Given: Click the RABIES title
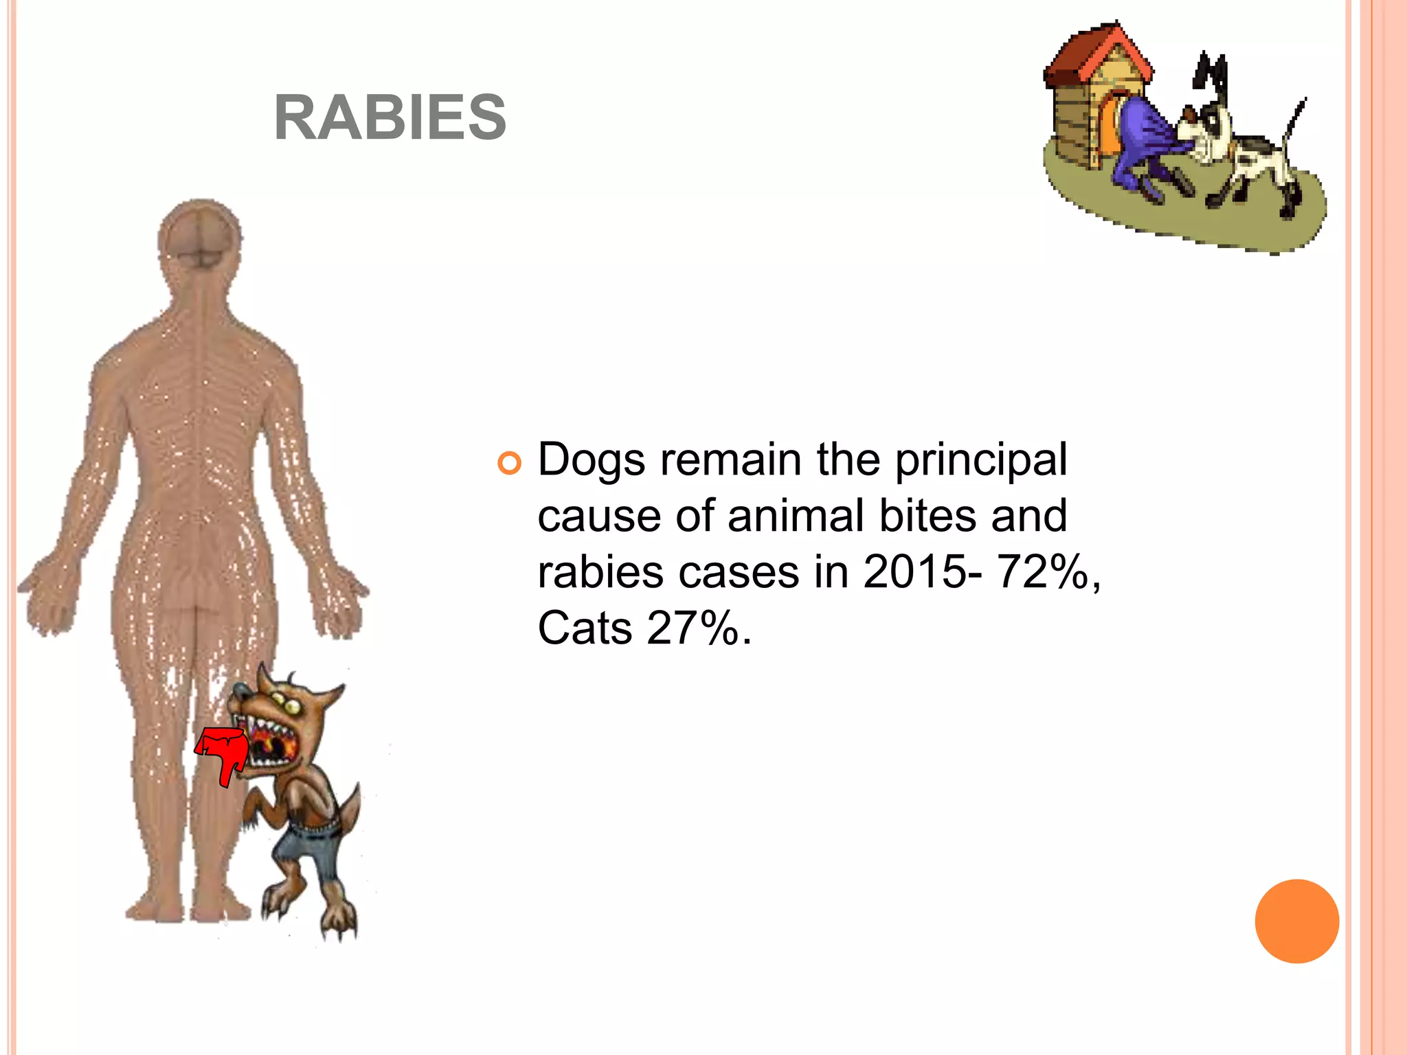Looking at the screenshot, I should (390, 117).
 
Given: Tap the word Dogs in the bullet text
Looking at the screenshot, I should (591, 460).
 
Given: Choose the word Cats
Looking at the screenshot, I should (584, 628).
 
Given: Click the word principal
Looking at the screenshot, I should (981, 460).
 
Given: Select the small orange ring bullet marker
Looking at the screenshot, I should (509, 464).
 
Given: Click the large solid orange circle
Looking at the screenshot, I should (1296, 921).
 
